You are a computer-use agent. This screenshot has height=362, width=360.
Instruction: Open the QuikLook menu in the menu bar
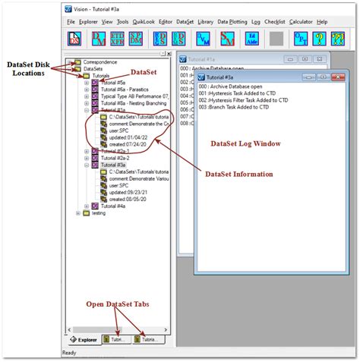pos(143,22)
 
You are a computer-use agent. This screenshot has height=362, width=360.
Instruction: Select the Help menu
pos(323,22)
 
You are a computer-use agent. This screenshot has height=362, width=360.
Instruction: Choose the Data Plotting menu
pos(232,22)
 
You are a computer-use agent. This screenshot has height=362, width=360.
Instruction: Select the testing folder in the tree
pos(99,213)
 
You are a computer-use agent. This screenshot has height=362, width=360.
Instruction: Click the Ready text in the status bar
pos(69,352)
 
